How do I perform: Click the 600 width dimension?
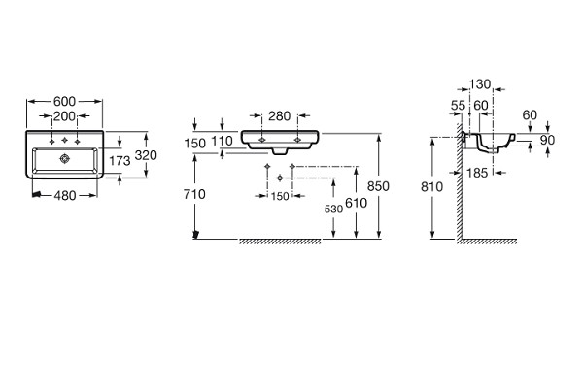pos(64,101)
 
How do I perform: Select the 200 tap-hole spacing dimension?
pos(64,116)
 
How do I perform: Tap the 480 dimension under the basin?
pos(65,195)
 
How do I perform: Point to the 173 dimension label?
pos(120,160)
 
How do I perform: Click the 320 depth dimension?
pos(146,155)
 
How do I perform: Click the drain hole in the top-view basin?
pos(65,158)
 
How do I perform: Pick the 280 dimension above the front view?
pos(279,115)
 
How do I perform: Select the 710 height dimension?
pos(194,194)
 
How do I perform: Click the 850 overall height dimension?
pos(378,185)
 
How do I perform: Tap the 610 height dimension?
pos(357,203)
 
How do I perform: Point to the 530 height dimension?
pos(333,210)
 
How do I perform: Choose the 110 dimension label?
pos(222,141)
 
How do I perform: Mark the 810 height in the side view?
pos(431,186)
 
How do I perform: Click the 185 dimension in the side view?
pos(477,173)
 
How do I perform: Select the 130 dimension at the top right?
pos(480,84)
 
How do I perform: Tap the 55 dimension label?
pos(458,106)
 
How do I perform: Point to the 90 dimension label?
pos(547,140)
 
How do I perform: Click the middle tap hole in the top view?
pos(65,140)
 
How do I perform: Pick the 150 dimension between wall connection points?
pos(280,196)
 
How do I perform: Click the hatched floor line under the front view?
pos(280,242)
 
